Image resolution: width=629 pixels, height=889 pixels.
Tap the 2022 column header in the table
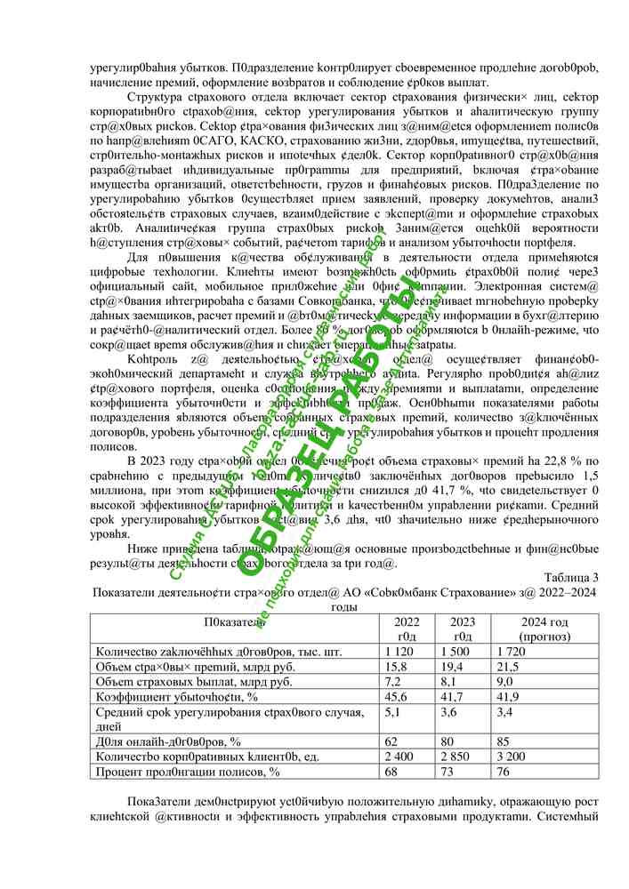407,629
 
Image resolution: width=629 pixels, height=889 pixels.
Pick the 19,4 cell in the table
463,667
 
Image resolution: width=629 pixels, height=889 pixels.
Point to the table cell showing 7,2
392,682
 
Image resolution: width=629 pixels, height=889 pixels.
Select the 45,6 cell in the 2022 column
395,696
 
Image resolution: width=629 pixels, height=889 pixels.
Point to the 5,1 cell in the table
392,711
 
